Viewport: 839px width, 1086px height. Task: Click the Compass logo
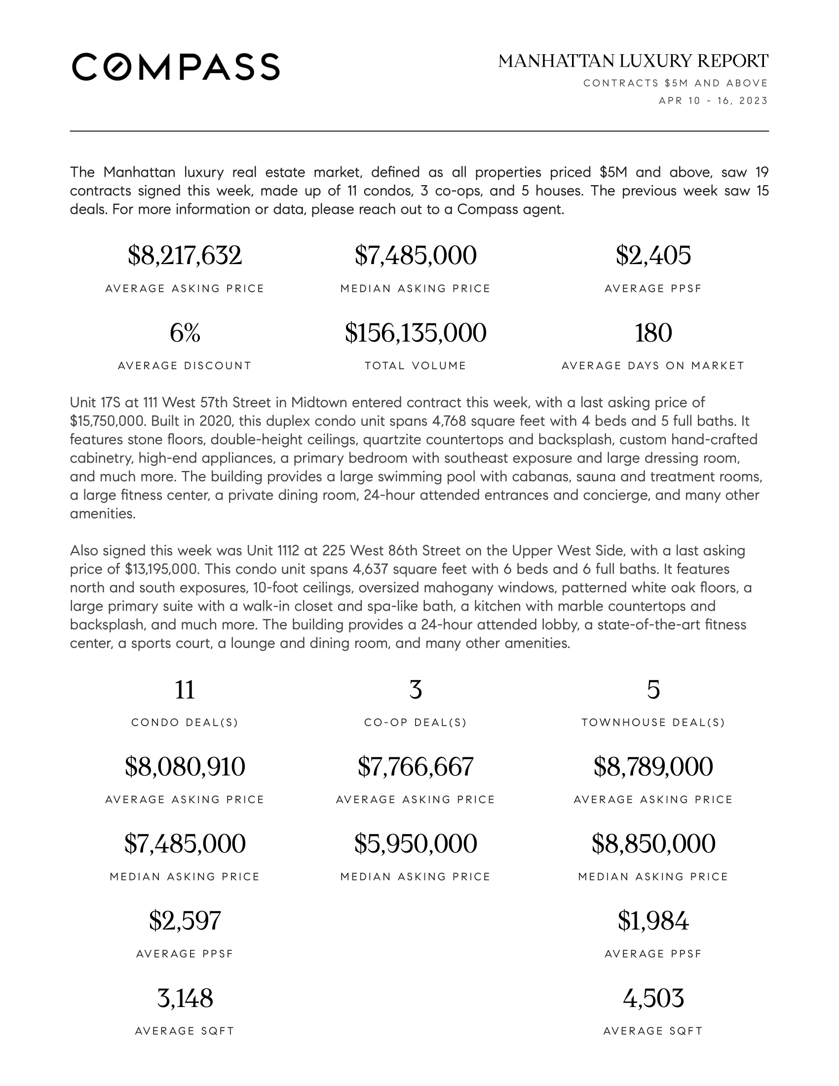(176, 67)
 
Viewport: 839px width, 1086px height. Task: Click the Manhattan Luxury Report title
(633, 61)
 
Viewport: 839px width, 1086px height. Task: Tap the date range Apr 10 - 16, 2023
(713, 101)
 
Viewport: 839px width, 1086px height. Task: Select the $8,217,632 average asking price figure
(185, 256)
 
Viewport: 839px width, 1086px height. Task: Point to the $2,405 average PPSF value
(652, 256)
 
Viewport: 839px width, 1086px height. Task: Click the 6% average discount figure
(185, 333)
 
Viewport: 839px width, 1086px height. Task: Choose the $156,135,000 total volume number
(416, 333)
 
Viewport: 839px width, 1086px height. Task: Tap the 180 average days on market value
(652, 333)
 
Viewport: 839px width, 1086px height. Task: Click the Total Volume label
(416, 366)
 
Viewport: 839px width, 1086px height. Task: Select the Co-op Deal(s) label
(416, 723)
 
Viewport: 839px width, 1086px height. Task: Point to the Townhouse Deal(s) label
(652, 723)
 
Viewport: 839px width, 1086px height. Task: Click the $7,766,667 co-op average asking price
(416, 766)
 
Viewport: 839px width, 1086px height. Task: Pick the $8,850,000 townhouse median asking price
(652, 843)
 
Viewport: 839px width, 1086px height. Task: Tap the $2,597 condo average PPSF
(185, 921)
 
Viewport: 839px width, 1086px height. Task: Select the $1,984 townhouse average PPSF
(652, 921)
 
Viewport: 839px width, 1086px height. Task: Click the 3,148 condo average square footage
(185, 998)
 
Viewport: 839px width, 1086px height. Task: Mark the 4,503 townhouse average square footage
(652, 998)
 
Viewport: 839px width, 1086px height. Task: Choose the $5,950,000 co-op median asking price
(416, 843)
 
